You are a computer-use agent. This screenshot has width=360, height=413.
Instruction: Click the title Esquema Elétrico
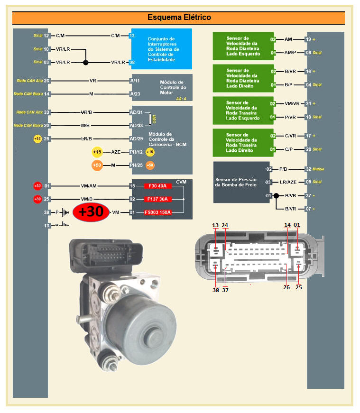coord(179,18)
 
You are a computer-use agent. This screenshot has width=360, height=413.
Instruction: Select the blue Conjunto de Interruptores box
coord(161,49)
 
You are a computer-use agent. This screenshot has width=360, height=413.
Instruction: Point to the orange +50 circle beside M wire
coord(97,165)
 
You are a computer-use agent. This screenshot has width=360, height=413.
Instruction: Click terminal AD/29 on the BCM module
coord(136,139)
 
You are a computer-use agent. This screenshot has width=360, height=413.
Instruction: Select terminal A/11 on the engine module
coord(135,81)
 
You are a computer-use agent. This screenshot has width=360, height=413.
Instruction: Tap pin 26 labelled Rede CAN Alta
coord(46,81)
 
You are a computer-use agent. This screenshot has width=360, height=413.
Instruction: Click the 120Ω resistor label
coord(153,119)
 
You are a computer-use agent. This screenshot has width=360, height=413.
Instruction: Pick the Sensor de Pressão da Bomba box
coord(236,182)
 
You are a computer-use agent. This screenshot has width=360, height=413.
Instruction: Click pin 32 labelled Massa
coord(308,169)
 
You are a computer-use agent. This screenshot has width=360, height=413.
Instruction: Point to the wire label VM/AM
coord(90,186)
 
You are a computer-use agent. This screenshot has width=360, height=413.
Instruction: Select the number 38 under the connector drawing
coord(216,290)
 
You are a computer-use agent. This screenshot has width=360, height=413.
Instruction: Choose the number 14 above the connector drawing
coord(287,225)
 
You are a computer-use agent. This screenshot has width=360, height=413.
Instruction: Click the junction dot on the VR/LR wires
coord(86,62)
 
